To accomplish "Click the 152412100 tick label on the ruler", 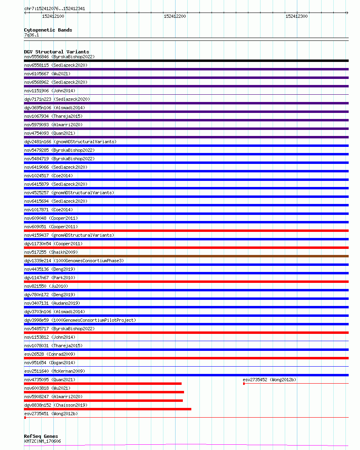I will point(53,16).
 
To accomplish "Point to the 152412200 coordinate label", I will point(175,16).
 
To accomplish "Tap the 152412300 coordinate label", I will point(296,16).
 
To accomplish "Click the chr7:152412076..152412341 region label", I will point(55,8).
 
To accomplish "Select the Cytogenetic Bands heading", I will point(48,30).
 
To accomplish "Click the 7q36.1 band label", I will point(32,35).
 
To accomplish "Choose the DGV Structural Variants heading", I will point(56,52).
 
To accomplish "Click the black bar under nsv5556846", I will point(186,61).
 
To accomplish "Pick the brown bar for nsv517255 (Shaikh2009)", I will point(186,256).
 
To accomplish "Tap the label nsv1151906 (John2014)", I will point(49,91).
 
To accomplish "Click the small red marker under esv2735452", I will point(244,384).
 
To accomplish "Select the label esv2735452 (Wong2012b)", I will point(269,380).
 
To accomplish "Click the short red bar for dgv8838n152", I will point(108,409).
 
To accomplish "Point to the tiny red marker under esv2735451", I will point(25,418).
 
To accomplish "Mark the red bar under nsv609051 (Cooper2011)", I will point(186,231).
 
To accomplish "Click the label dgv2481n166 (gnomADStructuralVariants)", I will point(70,142).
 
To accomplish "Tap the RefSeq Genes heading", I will point(41,436).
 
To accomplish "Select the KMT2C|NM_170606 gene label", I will point(42,441).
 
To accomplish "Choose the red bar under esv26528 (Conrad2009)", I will point(186,358).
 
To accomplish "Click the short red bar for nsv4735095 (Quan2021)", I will point(103,384).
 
